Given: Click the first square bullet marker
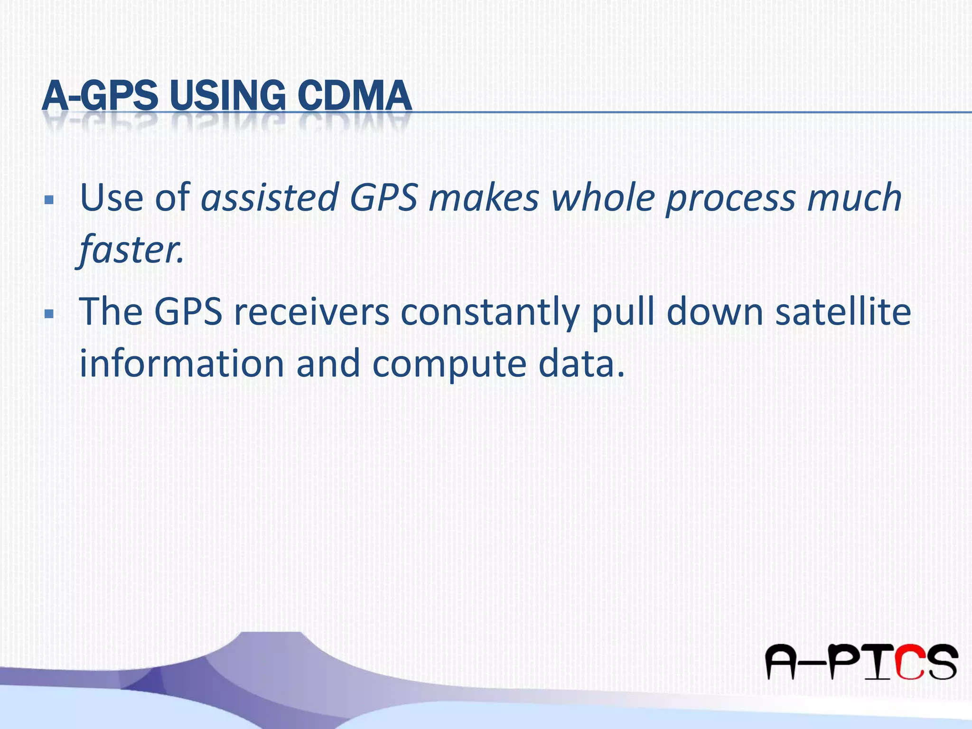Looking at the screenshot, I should [48, 200].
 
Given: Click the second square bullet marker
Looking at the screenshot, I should [48, 314].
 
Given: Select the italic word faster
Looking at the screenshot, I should [131, 250].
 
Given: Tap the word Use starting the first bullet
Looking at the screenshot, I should [112, 197].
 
